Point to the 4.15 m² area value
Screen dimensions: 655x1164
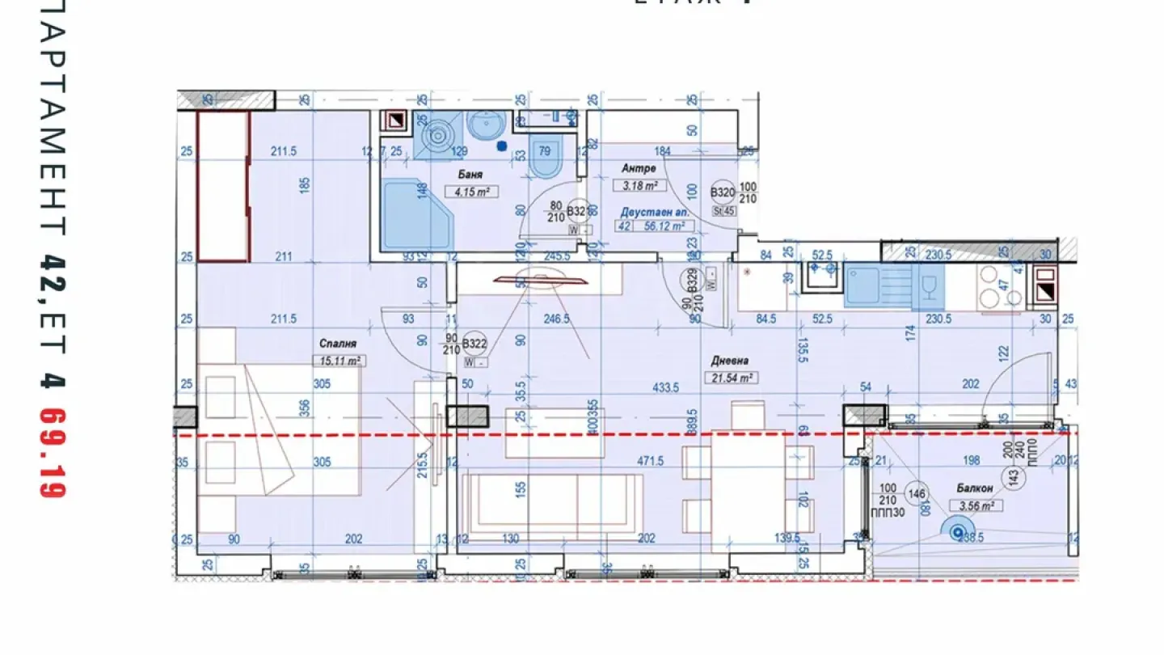[470, 192]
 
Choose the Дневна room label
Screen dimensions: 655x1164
[730, 361]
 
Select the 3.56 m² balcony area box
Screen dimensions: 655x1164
[975, 506]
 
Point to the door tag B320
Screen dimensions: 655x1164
[722, 192]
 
